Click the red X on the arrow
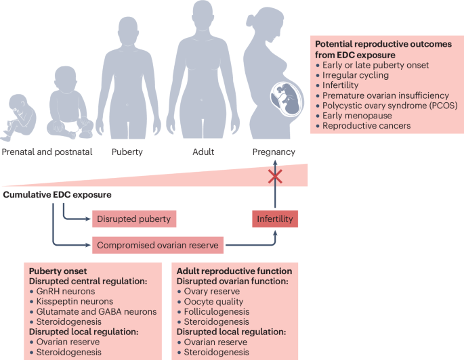(x=274, y=177)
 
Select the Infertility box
(x=274, y=219)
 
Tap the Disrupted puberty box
(x=134, y=219)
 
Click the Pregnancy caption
(x=274, y=152)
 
